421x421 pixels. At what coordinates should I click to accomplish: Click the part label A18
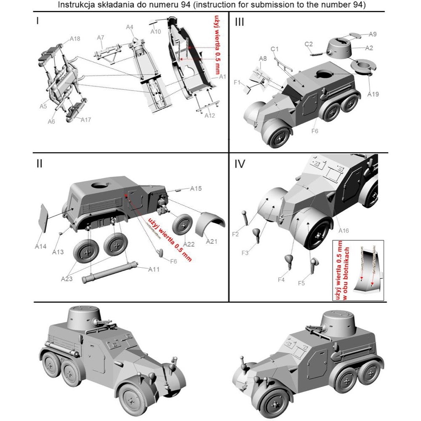[75, 39]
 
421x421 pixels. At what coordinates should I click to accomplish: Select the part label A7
[101, 38]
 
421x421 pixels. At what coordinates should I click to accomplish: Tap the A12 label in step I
[210, 115]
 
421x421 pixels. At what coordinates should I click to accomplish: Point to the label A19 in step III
[373, 94]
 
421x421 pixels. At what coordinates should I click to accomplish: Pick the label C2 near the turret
[309, 44]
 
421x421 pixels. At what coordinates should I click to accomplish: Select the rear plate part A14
[44, 218]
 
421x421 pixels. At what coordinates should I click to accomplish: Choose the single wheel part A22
[184, 224]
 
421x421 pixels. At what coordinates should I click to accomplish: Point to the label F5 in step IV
[301, 283]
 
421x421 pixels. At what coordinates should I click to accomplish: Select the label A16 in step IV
[344, 230]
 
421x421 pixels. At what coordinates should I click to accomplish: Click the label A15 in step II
[196, 188]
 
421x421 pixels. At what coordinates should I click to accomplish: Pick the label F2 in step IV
[235, 234]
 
